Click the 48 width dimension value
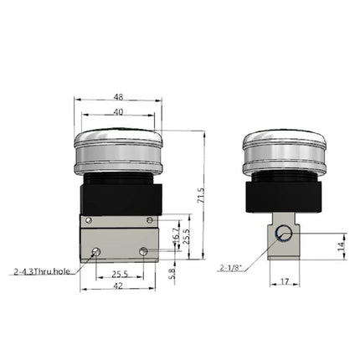tap(117, 95)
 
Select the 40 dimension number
tap(117, 112)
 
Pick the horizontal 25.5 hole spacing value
tap(120, 272)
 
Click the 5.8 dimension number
tap(173, 272)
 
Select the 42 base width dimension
tap(118, 286)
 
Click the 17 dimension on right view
tap(284, 282)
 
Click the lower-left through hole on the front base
tap(97, 251)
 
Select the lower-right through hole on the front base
tap(144, 250)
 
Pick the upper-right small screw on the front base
tap(149, 220)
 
